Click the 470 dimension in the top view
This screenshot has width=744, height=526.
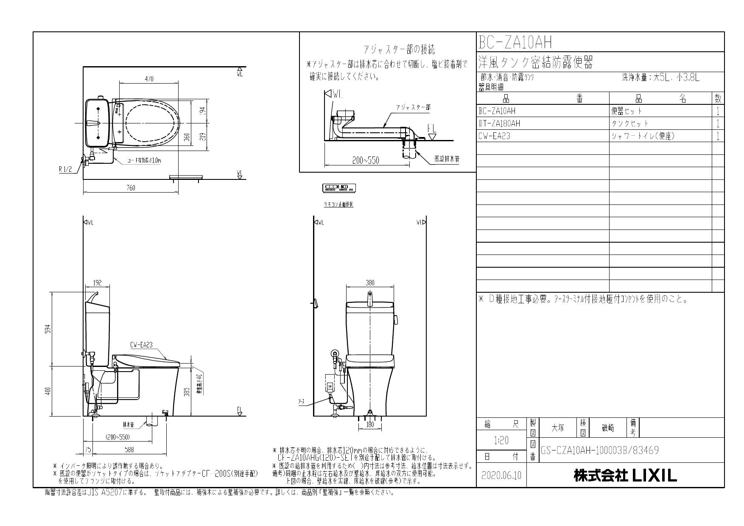click(x=149, y=79)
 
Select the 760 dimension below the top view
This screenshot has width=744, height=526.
click(x=131, y=188)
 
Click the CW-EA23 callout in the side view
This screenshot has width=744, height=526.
click(x=141, y=345)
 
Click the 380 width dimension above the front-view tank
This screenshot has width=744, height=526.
click(x=370, y=283)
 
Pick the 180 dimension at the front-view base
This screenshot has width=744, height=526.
click(x=370, y=425)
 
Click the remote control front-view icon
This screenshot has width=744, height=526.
click(x=339, y=187)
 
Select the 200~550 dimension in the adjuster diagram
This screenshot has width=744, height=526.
click(x=365, y=160)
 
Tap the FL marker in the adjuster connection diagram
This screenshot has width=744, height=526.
click(x=431, y=128)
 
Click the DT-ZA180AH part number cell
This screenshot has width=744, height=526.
click(x=499, y=123)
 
